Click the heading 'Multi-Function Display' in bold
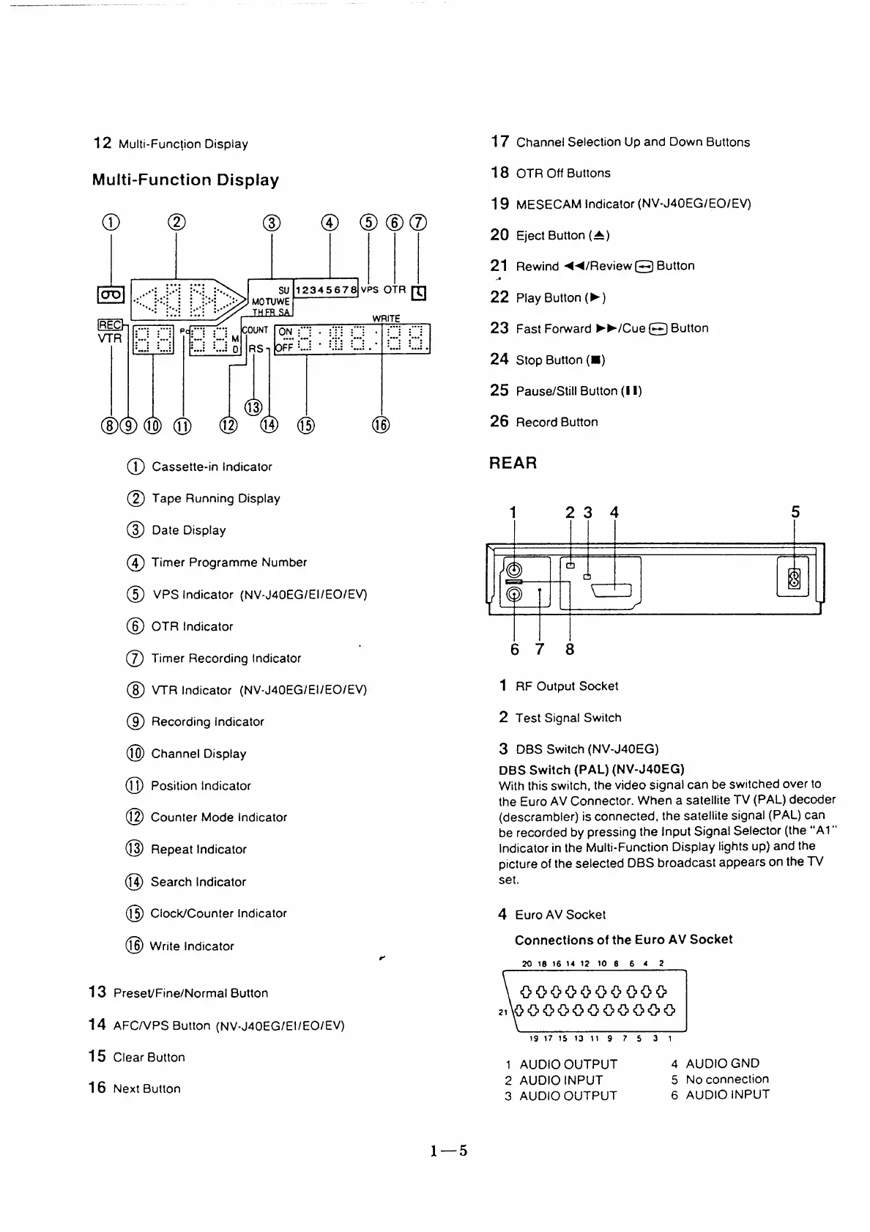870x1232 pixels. coord(185,180)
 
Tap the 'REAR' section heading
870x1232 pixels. coord(513,463)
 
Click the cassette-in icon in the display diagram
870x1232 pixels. coord(111,295)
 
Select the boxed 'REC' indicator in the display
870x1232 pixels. coord(111,325)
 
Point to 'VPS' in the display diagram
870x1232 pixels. coord(370,289)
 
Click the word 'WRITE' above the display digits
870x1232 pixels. coord(386,319)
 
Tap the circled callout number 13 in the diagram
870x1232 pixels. coord(253,408)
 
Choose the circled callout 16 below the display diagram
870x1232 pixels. coord(382,425)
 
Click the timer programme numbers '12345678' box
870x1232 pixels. coord(326,289)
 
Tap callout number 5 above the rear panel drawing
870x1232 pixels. coord(795,512)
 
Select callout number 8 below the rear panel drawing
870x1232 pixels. coord(570,649)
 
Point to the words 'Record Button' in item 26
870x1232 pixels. coord(557,422)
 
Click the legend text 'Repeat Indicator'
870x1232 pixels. coord(198,850)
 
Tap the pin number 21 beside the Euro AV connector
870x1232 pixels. coord(503,1012)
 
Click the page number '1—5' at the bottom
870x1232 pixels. coord(449,1151)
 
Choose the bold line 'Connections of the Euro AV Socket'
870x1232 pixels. coord(623,940)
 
